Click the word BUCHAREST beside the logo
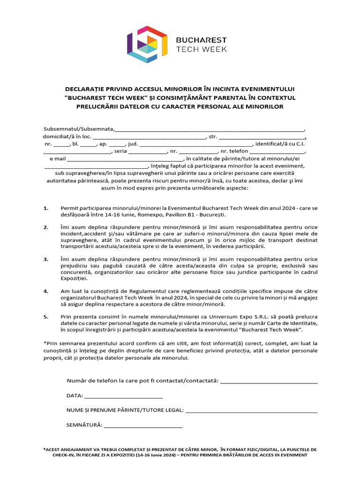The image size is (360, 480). click(x=201, y=40)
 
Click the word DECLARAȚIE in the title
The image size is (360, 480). click(x=86, y=89)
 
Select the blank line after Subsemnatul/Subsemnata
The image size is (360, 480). click(x=210, y=130)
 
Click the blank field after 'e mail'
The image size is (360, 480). click(x=121, y=159)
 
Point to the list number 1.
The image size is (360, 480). click(x=45, y=208)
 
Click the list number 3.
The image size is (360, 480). click(x=45, y=259)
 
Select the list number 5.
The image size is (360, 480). click(x=45, y=316)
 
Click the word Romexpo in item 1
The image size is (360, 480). click(x=172, y=215)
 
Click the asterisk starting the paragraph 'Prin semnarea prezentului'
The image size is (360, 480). click(x=45, y=344)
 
